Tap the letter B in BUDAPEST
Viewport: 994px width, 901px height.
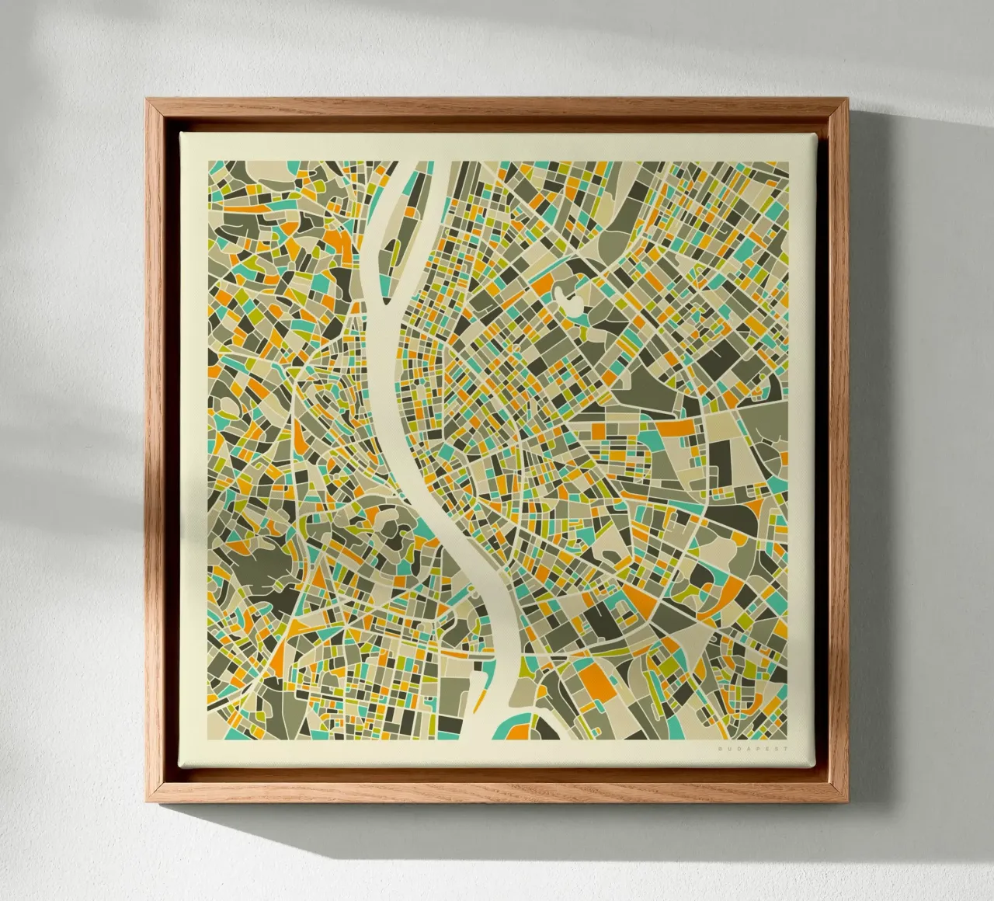[721, 747]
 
